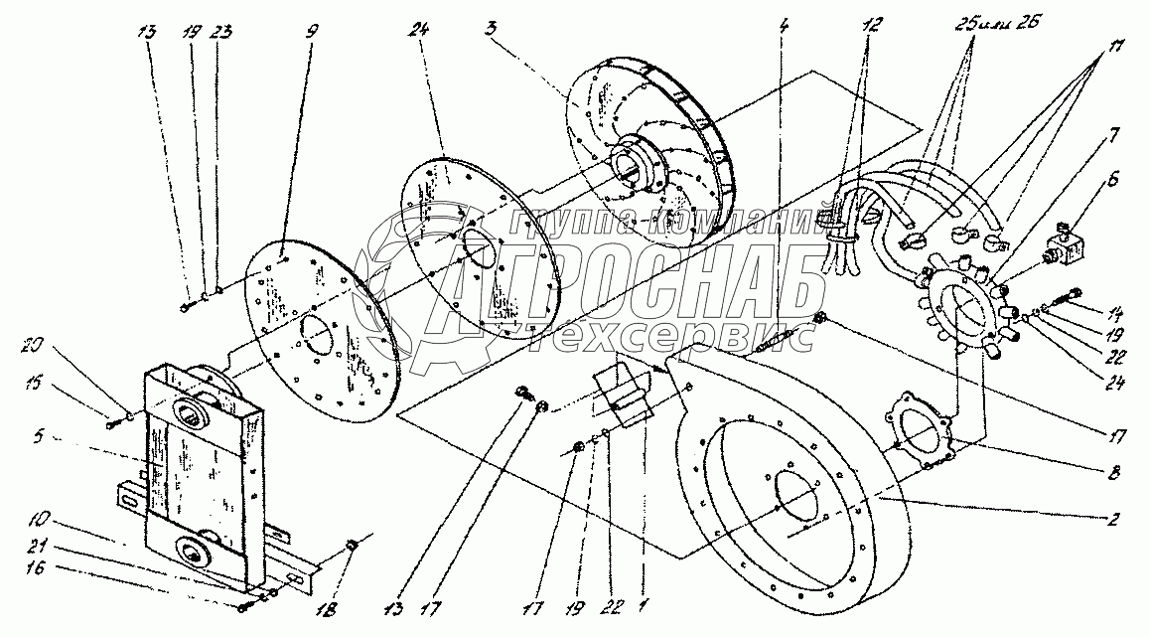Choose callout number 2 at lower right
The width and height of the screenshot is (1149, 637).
click(1115, 518)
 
